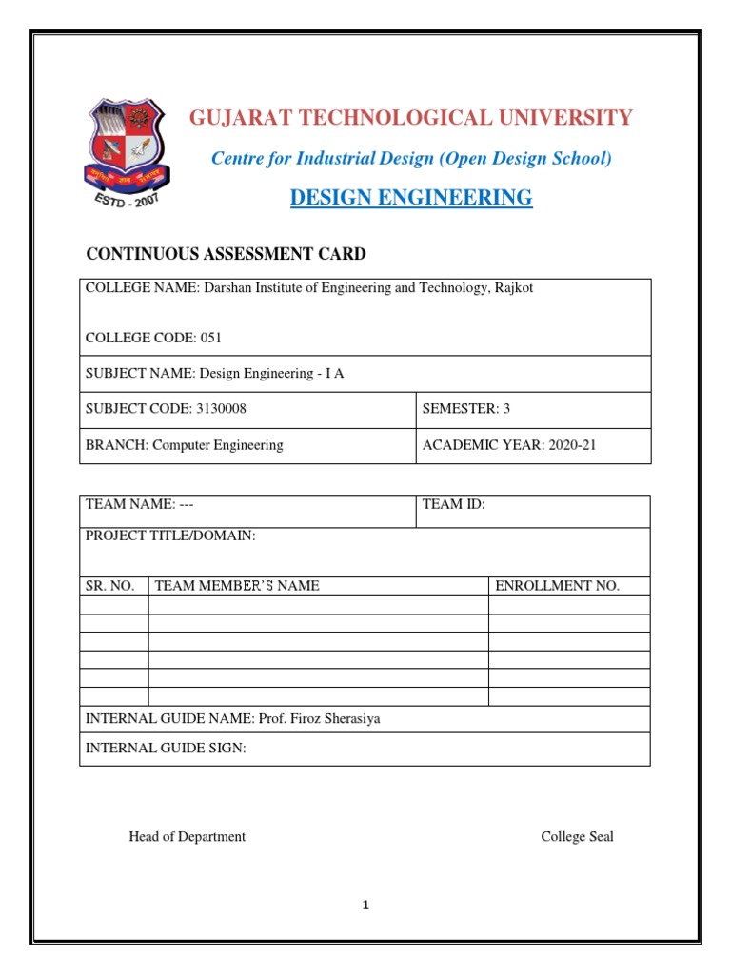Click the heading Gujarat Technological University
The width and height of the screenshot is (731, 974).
coord(410,118)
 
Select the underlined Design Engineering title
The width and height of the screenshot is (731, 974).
coord(410,198)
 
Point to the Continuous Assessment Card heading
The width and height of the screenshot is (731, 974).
coord(226,254)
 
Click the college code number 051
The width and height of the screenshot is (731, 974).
coord(212,338)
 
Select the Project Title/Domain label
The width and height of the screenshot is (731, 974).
coord(170,536)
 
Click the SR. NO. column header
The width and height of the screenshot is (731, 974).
coord(110,586)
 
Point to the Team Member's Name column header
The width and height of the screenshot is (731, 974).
coord(237,586)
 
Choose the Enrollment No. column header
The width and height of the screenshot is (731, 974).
coord(557,586)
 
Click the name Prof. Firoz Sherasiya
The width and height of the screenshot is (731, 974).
coord(319,719)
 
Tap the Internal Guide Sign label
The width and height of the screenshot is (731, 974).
coord(166,749)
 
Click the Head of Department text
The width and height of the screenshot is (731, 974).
coord(187,837)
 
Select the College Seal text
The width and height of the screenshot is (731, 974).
coord(577,837)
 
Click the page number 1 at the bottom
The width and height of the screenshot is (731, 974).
coord(365,906)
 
